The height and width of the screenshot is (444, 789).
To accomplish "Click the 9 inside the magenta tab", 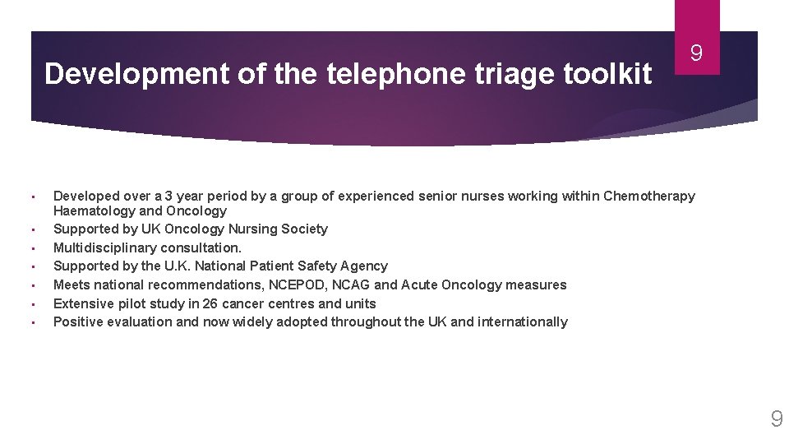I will click(696, 54).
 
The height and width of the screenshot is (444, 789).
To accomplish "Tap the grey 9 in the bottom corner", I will click(776, 420).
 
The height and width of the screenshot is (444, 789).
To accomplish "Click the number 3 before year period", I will click(168, 196).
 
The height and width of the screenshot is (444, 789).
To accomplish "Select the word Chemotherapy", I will click(648, 196).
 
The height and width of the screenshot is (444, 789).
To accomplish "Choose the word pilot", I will click(130, 303).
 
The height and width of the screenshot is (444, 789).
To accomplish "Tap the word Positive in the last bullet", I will click(78, 321).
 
